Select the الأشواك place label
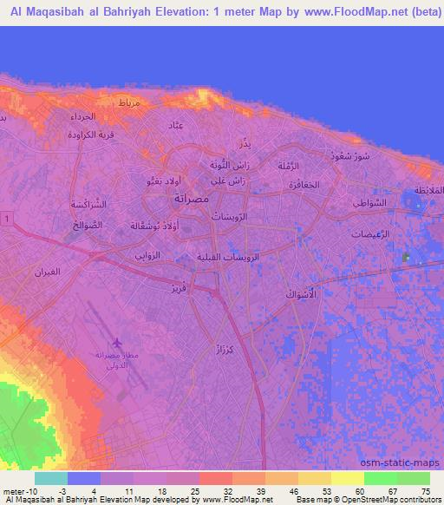pyautogui.click(x=303, y=296)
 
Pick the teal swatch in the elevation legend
pyautogui.click(x=51, y=478)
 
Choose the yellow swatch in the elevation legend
pyautogui.click(x=346, y=478)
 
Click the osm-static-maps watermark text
pyautogui.click(x=407, y=462)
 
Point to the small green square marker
pyautogui.click(x=406, y=258)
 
